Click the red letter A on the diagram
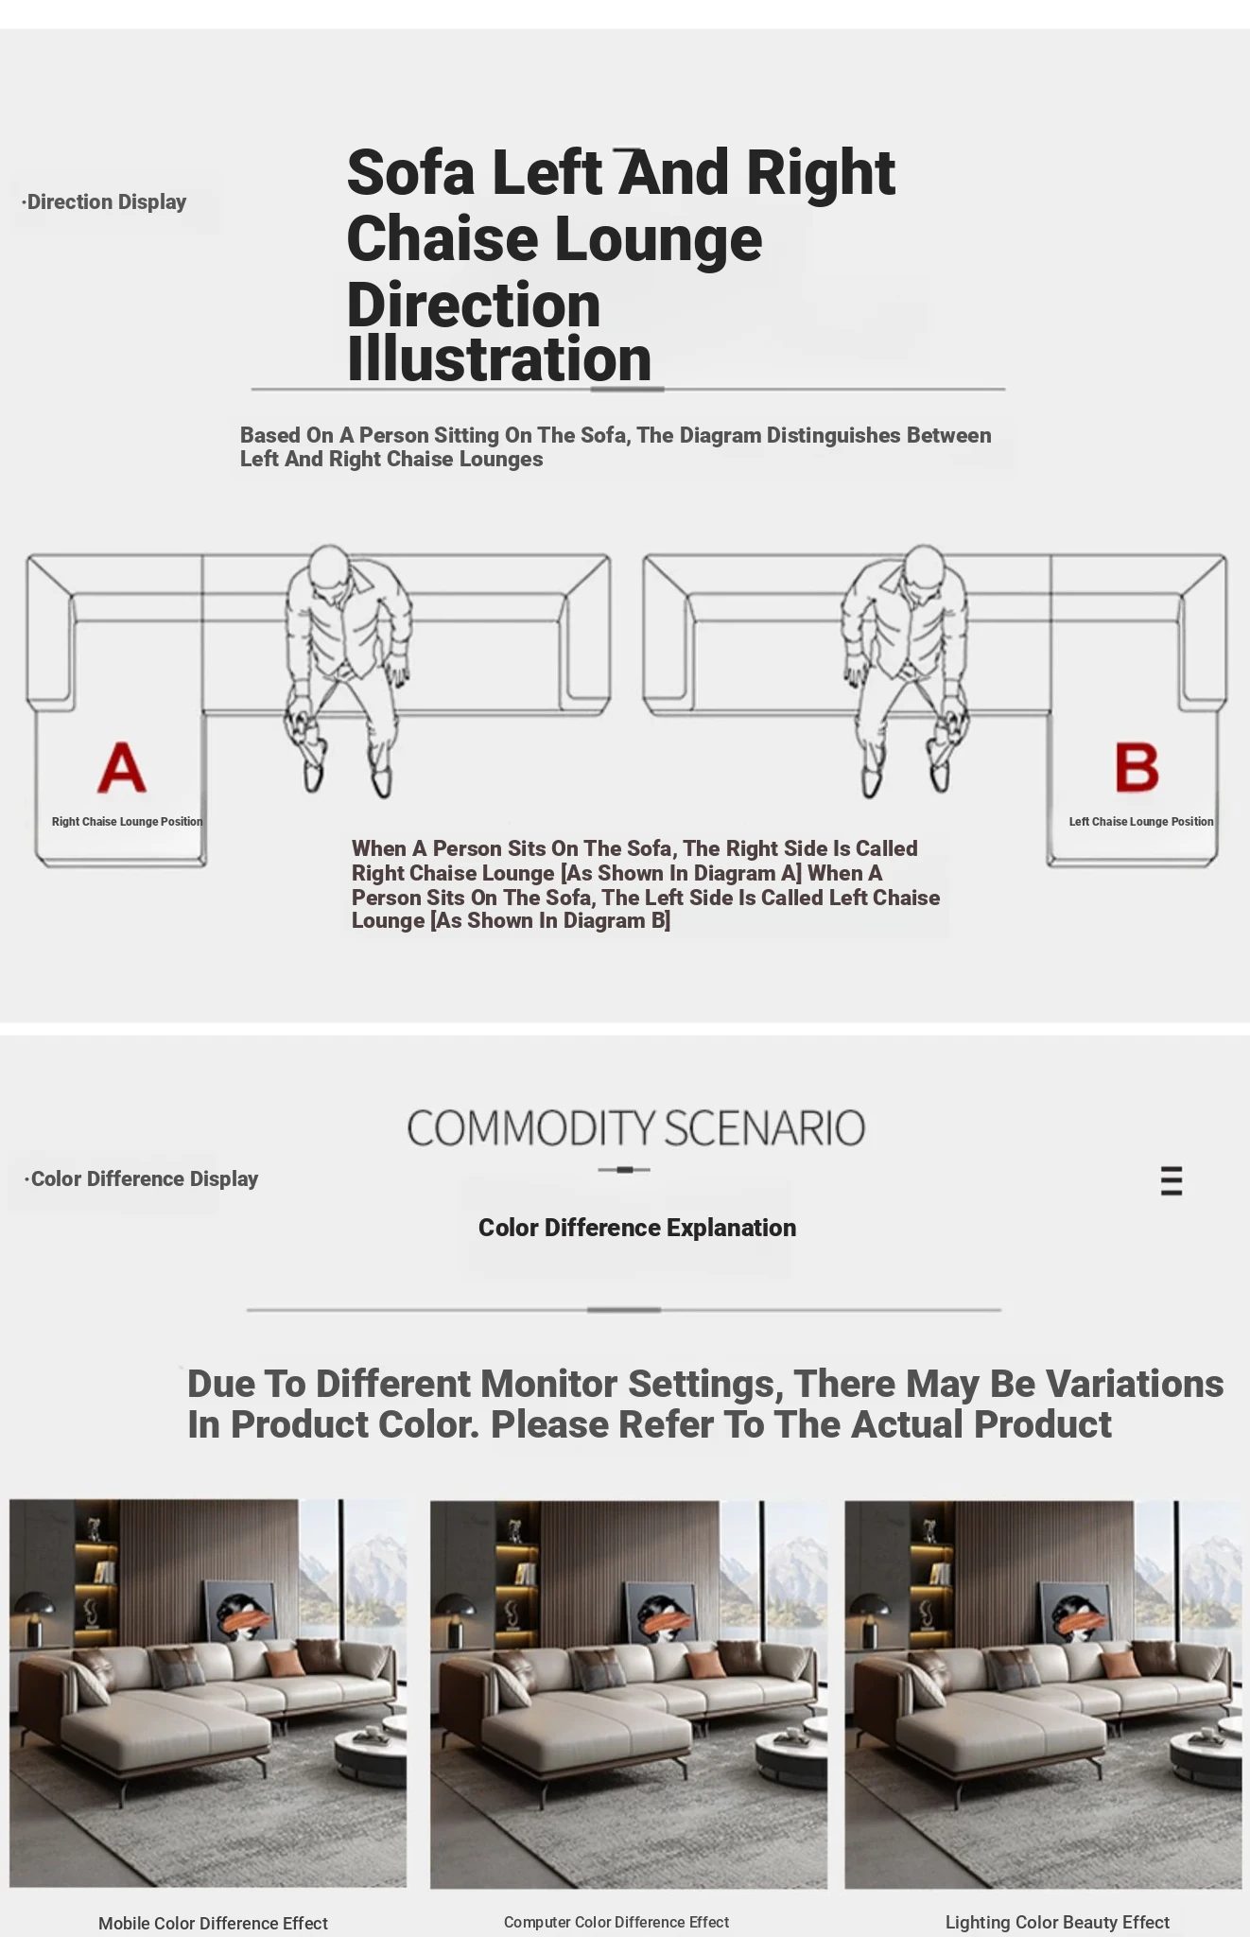click(122, 767)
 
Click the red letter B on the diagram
click(1137, 767)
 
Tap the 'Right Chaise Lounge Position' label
click(128, 822)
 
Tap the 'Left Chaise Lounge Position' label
click(1141, 822)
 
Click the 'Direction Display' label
click(105, 202)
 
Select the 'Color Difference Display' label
click(142, 1179)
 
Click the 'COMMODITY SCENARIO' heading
click(635, 1128)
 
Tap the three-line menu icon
click(1172, 1181)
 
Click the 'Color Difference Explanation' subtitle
click(637, 1228)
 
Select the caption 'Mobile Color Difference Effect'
click(213, 1923)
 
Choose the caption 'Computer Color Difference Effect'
click(616, 1922)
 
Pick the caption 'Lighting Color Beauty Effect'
click(1057, 1922)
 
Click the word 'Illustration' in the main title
click(499, 358)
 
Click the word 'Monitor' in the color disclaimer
click(548, 1385)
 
